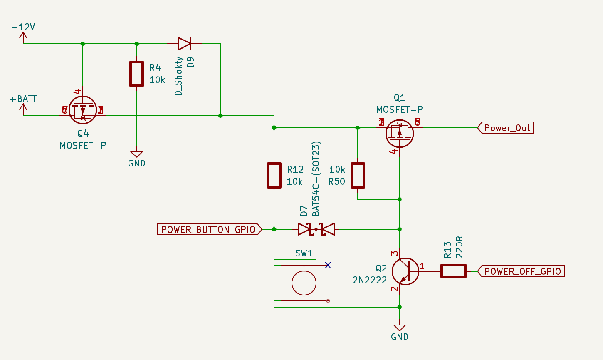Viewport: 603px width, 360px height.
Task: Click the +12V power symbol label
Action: (23, 27)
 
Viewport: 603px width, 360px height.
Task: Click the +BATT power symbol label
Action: (23, 99)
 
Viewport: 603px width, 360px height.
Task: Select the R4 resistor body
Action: (136, 74)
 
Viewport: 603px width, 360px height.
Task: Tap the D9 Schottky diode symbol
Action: (184, 43)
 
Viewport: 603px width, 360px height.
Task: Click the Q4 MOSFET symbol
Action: (83, 110)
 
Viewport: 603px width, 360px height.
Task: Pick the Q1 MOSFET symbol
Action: (400, 133)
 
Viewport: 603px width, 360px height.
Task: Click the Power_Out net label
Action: (506, 128)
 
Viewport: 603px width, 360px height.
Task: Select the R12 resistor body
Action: (274, 175)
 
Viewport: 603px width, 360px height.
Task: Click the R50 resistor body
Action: (358, 175)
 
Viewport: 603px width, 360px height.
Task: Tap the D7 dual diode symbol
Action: (316, 229)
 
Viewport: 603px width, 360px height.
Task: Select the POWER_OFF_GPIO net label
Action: (522, 271)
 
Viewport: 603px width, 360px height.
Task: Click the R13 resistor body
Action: (453, 271)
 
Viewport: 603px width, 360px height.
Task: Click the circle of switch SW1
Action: (304, 283)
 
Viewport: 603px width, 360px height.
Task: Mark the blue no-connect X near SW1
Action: (328, 265)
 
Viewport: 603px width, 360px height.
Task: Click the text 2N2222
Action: (370, 280)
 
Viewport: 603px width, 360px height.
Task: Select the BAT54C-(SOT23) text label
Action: (316, 179)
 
